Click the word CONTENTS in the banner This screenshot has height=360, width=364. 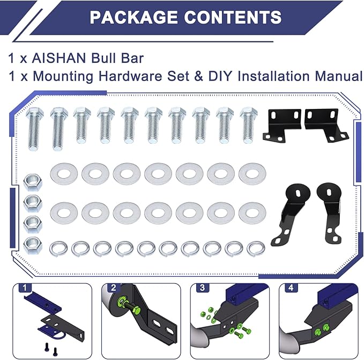pyautogui.click(x=233, y=17)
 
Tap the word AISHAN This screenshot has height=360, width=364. pyautogui.click(x=59, y=58)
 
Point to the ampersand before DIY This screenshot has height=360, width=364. pyautogui.click(x=198, y=76)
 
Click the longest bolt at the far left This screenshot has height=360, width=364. pyautogui.click(x=35, y=129)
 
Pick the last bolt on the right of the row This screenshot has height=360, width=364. pyautogui.click(x=249, y=125)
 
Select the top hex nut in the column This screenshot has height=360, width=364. pyautogui.click(x=33, y=182)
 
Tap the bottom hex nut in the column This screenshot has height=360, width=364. pyautogui.click(x=33, y=245)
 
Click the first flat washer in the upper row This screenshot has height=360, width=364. pyautogui.click(x=64, y=174)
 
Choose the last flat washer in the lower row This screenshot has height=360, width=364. pyautogui.click(x=252, y=213)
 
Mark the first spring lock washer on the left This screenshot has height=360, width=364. pyautogui.click(x=58, y=249)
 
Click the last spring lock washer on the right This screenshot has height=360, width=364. pyautogui.click(x=256, y=249)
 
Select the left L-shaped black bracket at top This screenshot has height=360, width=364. pyautogui.click(x=282, y=126)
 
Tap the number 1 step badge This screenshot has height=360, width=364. pyautogui.click(x=25, y=288)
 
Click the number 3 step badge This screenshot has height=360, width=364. pyautogui.click(x=203, y=288)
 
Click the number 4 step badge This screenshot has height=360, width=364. pyautogui.click(x=291, y=288)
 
